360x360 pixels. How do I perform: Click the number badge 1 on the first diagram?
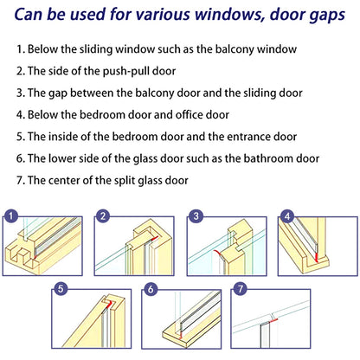[x=11, y=216]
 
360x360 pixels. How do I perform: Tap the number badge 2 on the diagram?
[x=103, y=216]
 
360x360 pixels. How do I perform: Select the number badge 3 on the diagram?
[x=196, y=216]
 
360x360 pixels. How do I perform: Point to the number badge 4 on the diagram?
[x=287, y=216]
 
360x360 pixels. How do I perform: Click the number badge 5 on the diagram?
[x=59, y=290]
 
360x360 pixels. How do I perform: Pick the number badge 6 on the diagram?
[x=151, y=290]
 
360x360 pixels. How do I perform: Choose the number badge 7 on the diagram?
[x=241, y=290]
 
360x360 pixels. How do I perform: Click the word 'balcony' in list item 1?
[x=224, y=50]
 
